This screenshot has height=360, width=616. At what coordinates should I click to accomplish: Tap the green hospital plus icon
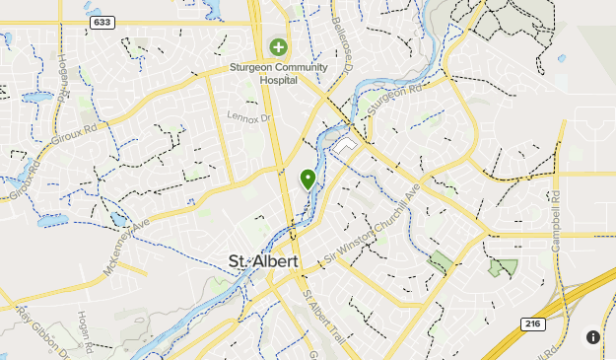point(279,46)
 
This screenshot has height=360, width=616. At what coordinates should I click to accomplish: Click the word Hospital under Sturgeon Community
point(279,82)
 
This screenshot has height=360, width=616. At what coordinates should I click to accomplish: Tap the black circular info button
point(592,337)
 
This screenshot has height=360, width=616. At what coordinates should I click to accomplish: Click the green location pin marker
point(308,179)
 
